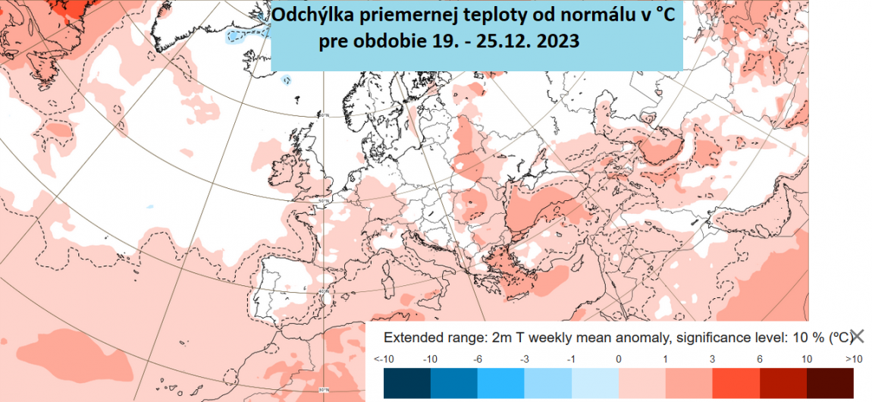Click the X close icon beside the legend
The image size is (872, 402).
[858, 337]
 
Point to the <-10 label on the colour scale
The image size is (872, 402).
[384, 358]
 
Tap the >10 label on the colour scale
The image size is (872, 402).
[853, 358]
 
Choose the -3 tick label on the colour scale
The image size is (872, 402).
[525, 358]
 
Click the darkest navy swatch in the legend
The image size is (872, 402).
[407, 382]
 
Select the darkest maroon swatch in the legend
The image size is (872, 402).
[830, 382]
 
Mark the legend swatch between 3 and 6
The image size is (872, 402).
[736, 382]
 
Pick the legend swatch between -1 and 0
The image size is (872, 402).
[595, 382]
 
